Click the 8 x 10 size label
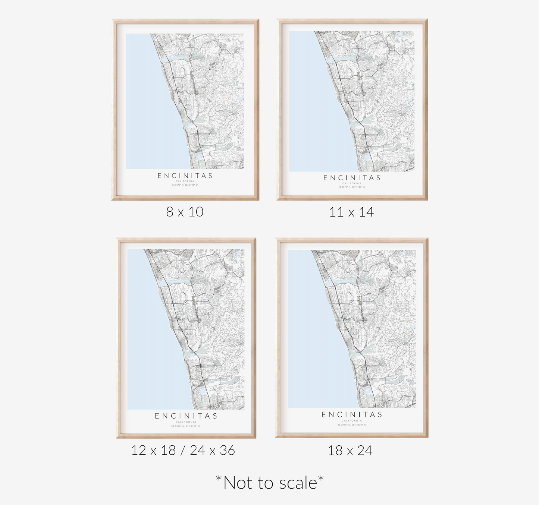[185, 212]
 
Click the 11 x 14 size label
[351, 212]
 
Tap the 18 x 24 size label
[350, 451]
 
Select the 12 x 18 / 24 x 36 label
[183, 451]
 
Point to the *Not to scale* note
[270, 483]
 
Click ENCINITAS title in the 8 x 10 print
[185, 176]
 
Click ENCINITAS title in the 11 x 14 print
[352, 178]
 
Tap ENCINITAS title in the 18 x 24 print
[352, 415]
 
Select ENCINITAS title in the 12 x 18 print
[186, 416]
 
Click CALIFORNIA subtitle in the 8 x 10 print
[185, 182]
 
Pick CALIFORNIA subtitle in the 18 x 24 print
[352, 421]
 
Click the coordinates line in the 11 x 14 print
[352, 187]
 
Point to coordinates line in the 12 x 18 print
[186, 426]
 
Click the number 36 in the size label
[227, 451]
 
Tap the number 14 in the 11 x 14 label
[366, 212]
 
